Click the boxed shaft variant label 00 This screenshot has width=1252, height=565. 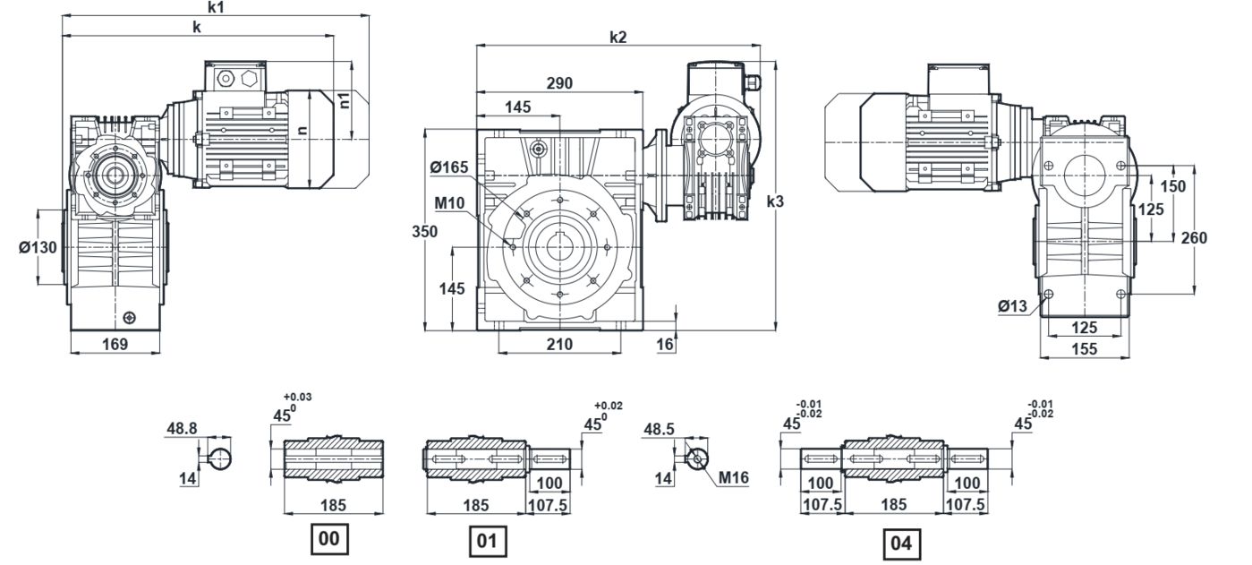(327, 540)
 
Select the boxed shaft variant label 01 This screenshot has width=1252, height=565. (486, 541)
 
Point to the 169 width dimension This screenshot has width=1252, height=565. (115, 343)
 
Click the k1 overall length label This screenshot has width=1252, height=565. (216, 7)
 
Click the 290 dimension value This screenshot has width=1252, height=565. (560, 83)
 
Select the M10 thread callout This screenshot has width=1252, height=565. (450, 203)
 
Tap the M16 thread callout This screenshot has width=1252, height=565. (737, 478)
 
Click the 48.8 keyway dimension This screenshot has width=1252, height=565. (181, 430)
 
